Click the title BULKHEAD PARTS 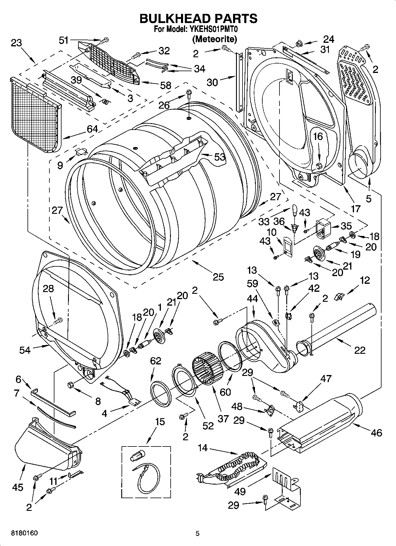pos(198,18)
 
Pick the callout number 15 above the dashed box pos(160,421)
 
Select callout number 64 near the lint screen pos(92,129)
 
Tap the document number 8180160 pos(24,533)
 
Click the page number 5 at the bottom pos(198,533)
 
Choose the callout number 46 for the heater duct pos(376,433)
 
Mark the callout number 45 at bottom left pos(18,487)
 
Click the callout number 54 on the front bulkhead pos(25,350)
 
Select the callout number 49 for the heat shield pos(240,491)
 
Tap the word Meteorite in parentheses pos(215,39)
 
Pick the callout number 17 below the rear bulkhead pos(355,208)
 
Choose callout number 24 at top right pos(328,39)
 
